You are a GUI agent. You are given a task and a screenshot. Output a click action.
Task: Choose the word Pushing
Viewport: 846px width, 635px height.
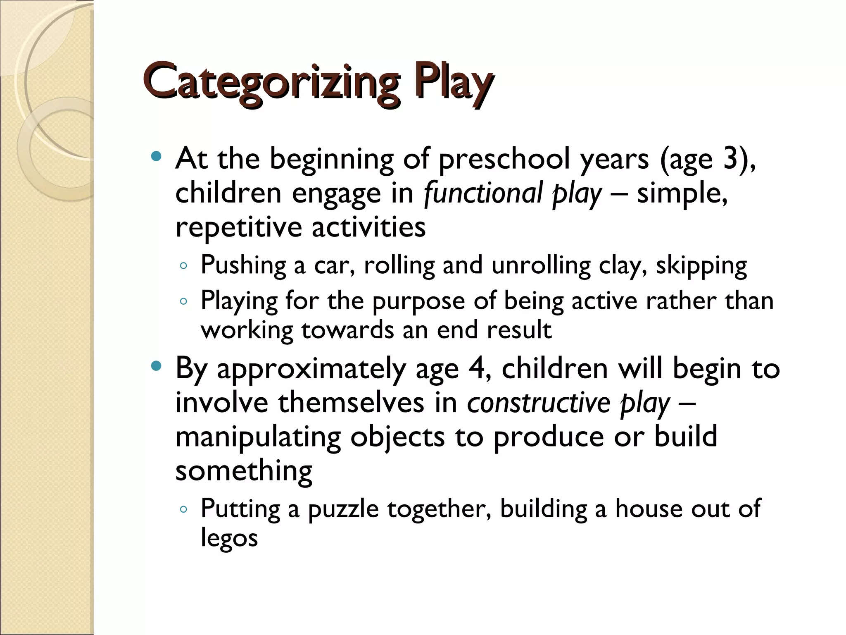pos(243,265)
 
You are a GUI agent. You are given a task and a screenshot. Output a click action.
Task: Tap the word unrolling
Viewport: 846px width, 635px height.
pos(541,265)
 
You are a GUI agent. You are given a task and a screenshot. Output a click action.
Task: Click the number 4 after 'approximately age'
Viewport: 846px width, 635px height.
pos(478,368)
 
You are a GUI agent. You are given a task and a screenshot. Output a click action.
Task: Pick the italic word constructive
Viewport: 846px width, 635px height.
pos(539,402)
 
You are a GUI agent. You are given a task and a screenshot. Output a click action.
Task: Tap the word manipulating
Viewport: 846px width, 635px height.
pos(258,437)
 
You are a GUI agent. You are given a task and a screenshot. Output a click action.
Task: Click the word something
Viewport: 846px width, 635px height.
pos(244,471)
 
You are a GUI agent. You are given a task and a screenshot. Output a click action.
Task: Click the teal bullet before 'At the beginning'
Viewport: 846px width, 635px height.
pos(156,157)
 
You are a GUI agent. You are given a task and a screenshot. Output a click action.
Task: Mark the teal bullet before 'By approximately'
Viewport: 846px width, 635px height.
pos(156,366)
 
